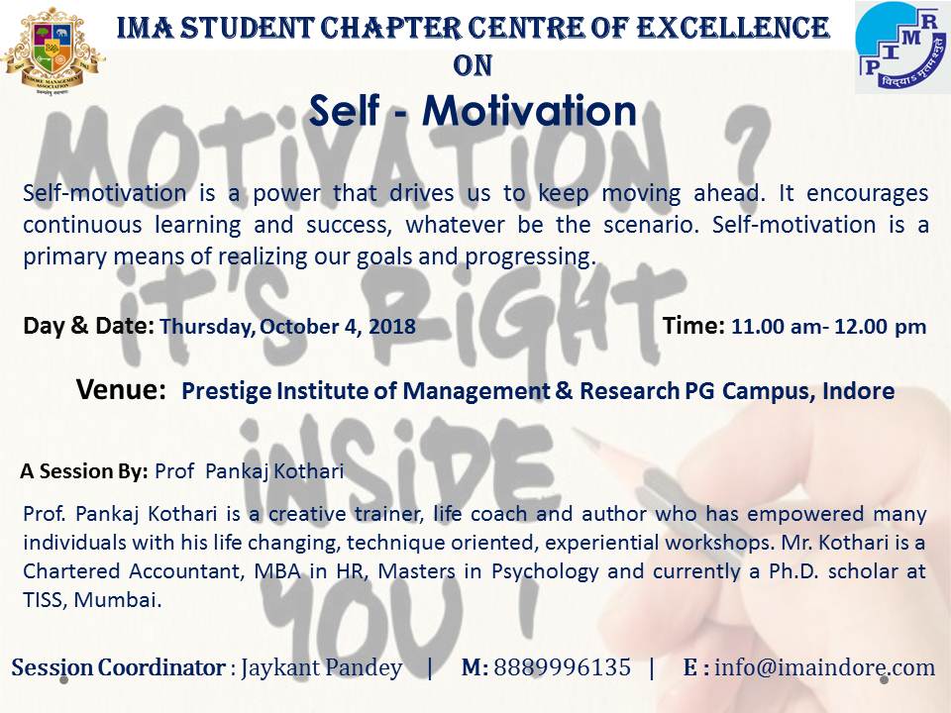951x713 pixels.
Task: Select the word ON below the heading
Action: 473,65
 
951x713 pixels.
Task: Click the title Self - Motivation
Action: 473,110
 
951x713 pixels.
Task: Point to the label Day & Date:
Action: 88,326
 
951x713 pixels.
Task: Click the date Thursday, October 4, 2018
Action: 287,327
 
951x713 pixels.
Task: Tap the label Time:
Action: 693,326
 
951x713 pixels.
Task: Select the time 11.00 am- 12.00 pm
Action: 828,327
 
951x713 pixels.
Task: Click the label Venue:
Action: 121,389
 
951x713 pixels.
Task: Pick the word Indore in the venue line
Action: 858,391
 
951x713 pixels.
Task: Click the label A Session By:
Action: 84,471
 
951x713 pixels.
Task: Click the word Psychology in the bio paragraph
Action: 545,571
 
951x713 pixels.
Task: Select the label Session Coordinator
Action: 118,667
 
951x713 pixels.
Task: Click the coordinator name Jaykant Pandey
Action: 321,668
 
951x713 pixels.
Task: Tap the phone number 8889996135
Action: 563,667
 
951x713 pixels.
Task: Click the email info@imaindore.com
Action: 825,667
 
